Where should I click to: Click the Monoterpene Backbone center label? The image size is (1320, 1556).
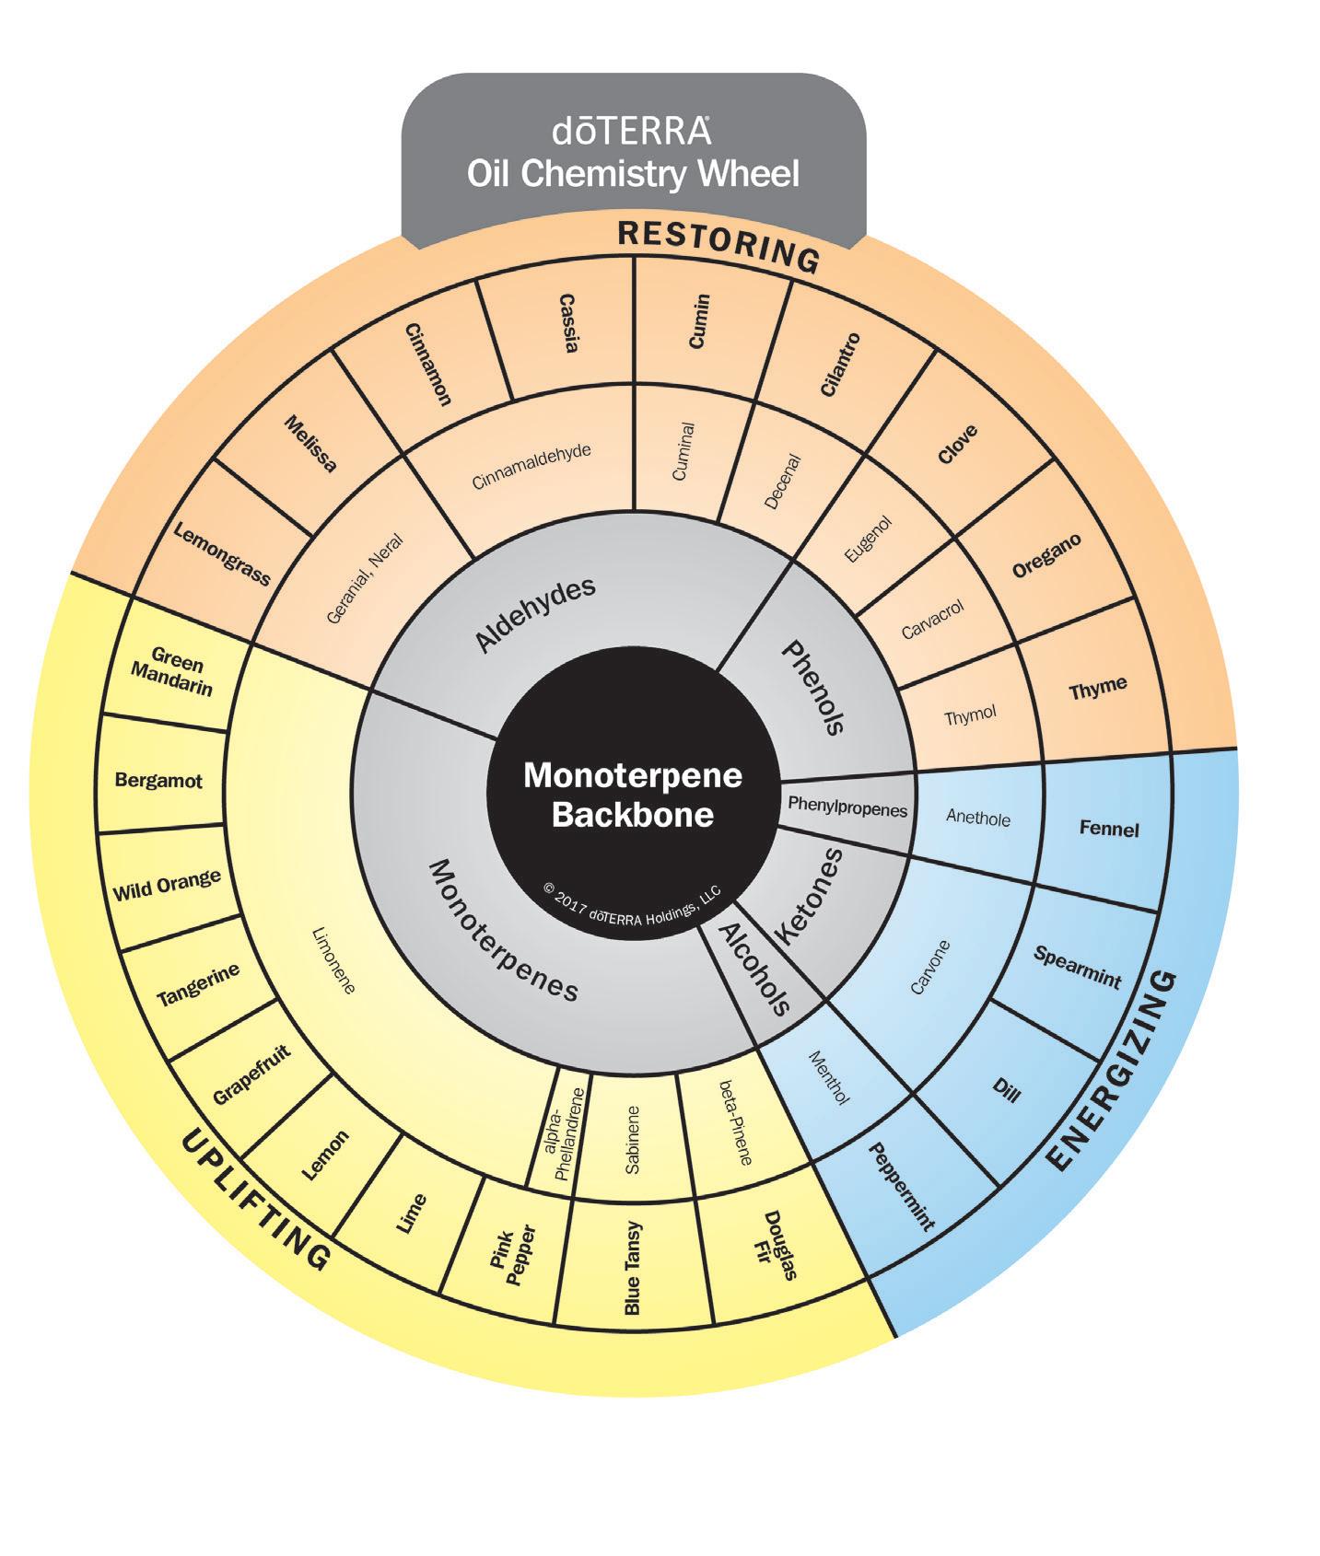pyautogui.click(x=633, y=795)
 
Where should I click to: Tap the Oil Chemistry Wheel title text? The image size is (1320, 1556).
pyautogui.click(x=633, y=173)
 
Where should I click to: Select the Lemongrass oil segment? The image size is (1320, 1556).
pyautogui.click(x=222, y=555)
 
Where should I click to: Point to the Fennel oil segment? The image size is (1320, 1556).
pyautogui.click(x=1108, y=829)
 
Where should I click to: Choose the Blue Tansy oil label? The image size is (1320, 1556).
pyautogui.click(x=632, y=1268)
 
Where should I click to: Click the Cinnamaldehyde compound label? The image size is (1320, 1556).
pyautogui.click(x=532, y=468)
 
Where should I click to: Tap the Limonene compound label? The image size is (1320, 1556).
pyautogui.click(x=333, y=960)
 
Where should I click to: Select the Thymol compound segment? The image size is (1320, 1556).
pyautogui.click(x=970, y=715)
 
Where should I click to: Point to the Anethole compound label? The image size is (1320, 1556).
pyautogui.click(x=977, y=818)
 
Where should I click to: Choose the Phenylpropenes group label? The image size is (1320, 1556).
pyautogui.click(x=847, y=807)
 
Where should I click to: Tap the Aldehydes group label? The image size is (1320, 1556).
pyautogui.click(x=535, y=614)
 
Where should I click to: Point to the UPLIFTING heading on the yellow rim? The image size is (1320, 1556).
pyautogui.click(x=254, y=1200)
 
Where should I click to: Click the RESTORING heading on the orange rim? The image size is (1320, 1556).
pyautogui.click(x=718, y=246)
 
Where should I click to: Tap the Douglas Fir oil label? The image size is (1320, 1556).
pyautogui.click(x=778, y=1245)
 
